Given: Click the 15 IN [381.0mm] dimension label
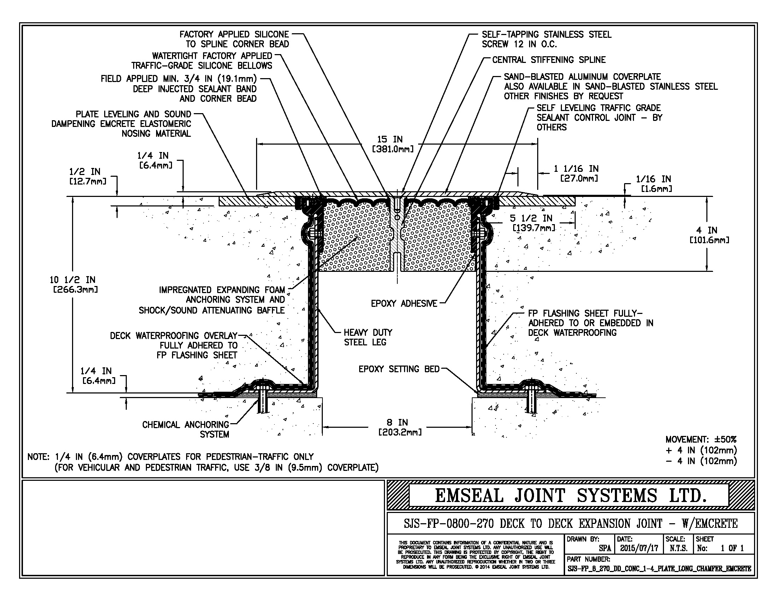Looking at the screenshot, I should coord(392,144).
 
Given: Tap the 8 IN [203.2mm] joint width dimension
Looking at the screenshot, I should coord(400,427).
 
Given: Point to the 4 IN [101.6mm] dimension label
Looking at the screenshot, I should coord(709,235).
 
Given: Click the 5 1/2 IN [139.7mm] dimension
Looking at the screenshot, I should coord(533,223).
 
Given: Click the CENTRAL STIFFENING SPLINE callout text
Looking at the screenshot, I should coord(548,60).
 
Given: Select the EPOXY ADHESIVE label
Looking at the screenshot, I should coord(404,303).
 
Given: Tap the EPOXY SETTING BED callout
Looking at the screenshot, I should coord(399,369).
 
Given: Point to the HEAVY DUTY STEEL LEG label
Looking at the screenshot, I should coord(368,337).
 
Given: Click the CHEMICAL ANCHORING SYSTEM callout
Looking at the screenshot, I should coord(186,429).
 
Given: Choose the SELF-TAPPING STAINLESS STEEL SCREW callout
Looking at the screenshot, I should coord(546,39).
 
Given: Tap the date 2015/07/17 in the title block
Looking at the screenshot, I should coord(639,548).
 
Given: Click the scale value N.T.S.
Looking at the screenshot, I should coord(678,548).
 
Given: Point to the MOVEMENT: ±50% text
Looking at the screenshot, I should coord(701,439).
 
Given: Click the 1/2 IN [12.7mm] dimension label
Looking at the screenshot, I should coord(88,177).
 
